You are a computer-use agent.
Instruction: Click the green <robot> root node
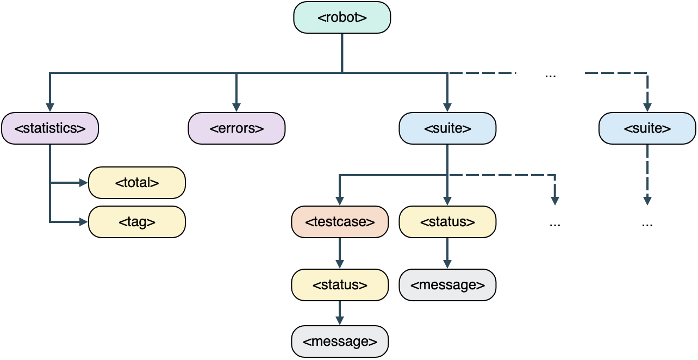point(342,17)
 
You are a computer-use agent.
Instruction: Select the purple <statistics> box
point(50,128)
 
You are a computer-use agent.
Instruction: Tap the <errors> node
point(236,128)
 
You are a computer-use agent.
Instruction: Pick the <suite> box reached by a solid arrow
point(447,128)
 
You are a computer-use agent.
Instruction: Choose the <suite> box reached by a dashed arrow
point(647,128)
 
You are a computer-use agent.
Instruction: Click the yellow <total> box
point(137,183)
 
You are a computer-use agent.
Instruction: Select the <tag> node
point(137,222)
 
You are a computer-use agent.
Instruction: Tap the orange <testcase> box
point(340,222)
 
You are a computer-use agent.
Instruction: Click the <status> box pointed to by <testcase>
point(340,285)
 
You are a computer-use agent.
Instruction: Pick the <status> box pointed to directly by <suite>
point(447,222)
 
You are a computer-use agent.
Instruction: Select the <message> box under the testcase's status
point(340,342)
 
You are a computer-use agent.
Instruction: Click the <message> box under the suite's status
point(447,285)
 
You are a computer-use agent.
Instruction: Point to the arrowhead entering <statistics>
point(50,107)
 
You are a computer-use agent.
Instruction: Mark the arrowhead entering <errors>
point(236,107)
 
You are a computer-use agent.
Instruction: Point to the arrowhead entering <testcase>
point(340,201)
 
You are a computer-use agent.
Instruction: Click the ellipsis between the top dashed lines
point(550,75)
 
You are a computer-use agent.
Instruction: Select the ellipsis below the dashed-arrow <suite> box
point(647,224)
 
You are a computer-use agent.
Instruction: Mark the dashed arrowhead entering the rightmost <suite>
point(647,107)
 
